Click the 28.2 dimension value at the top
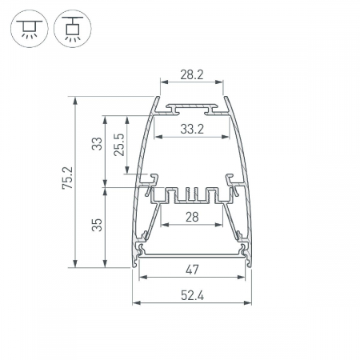(x=192, y=74)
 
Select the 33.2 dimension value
(x=192, y=130)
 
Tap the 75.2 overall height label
(x=67, y=178)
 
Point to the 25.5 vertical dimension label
(x=119, y=145)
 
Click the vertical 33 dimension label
(x=97, y=144)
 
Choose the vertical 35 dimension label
(x=97, y=225)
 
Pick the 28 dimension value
(x=192, y=217)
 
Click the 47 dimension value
(x=192, y=270)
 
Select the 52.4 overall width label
(x=192, y=295)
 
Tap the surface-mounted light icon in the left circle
(x=30, y=29)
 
